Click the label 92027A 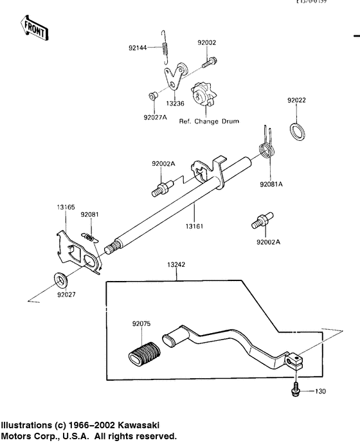155,118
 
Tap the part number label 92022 296,100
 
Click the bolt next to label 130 294,390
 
